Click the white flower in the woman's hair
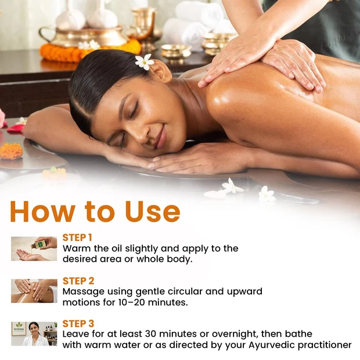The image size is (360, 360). coord(144,62)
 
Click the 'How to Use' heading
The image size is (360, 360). coord(95,212)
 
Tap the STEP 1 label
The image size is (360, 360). coord(77,237)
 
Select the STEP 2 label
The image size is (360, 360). coord(78,281)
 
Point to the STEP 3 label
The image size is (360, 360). coord(78,324)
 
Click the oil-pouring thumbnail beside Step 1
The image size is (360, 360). coord(34,249)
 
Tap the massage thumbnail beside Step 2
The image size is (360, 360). coord(34,291)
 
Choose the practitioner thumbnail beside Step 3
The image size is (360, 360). coord(34,334)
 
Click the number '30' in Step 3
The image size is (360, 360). coord(150,334)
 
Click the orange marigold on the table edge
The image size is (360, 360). coord(11,151)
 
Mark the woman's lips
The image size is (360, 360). coord(161,137)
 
